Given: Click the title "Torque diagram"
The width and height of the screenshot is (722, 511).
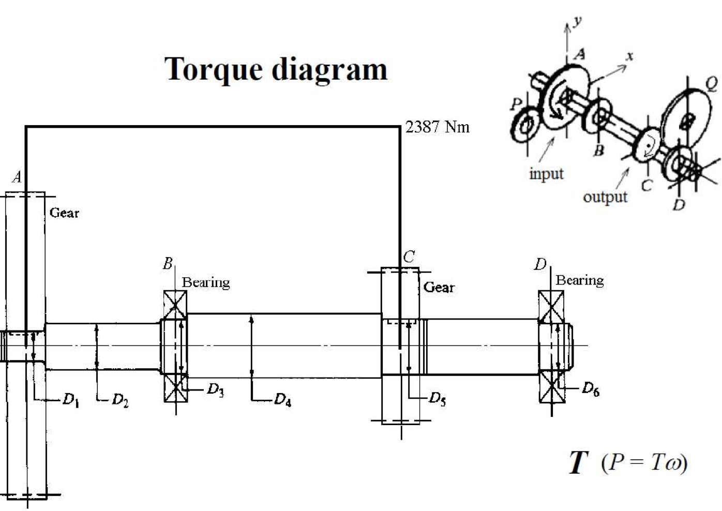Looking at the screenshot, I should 276,69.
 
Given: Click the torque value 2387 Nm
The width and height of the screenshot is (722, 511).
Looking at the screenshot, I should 437,127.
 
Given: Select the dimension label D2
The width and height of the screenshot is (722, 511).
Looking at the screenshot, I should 120,400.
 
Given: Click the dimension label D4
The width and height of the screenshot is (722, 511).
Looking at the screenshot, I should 282,400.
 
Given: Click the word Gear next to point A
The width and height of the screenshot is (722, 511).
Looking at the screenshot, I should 64,213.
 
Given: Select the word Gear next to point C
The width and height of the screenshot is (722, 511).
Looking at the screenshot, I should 439,287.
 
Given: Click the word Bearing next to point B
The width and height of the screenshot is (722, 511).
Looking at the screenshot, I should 206,282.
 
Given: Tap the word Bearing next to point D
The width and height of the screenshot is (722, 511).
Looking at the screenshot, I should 579,280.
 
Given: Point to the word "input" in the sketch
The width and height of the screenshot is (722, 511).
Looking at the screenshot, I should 546,173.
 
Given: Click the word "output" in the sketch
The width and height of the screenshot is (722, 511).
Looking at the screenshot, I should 605,197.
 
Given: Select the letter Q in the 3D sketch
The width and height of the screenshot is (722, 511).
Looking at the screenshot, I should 711,83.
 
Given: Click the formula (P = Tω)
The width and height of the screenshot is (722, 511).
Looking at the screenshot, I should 644,462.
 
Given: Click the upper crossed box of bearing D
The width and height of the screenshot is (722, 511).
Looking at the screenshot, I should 551,306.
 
